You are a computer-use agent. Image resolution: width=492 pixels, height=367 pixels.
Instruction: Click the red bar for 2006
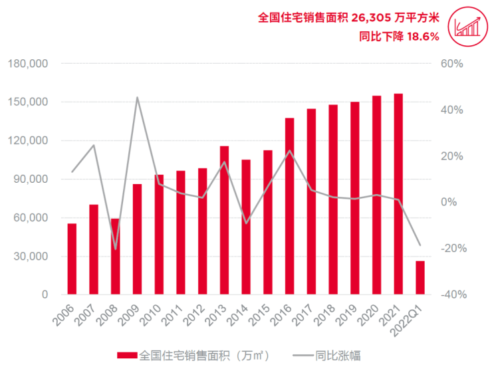point(72,259)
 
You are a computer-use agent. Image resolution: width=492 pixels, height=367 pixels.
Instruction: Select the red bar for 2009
point(137,239)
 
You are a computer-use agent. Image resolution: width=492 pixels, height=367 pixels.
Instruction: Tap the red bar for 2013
point(224,220)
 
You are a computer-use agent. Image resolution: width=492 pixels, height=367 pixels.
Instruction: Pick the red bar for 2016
point(289,206)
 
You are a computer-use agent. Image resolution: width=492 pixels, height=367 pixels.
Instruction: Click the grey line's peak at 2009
point(137,98)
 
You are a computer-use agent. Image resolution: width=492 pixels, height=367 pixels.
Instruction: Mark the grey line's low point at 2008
point(115,249)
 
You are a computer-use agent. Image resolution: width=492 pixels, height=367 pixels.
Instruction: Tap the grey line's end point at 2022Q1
point(420,245)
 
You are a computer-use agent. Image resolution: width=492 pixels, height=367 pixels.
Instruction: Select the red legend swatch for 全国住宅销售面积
point(127,356)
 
